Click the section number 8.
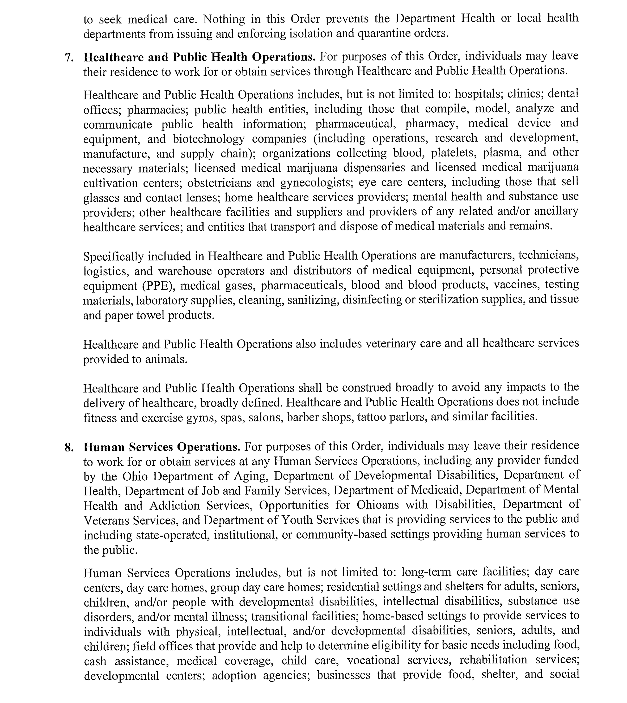(69, 447)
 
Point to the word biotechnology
(209, 138)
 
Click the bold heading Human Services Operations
(162, 447)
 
